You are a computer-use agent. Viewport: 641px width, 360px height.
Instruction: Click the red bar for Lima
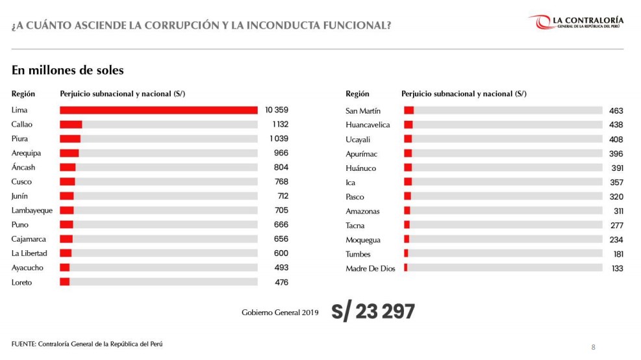pos(158,110)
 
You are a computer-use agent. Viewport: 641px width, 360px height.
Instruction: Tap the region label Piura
pos(20,138)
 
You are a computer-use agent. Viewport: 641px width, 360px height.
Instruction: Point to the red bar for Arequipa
pos(69,153)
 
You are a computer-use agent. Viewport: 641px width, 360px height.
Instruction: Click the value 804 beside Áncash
pos(281,167)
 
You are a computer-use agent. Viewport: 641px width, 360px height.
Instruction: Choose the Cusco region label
pos(21,181)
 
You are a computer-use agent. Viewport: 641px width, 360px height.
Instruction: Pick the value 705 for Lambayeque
pos(281,210)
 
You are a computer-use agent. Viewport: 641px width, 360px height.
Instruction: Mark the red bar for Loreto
pos(64,282)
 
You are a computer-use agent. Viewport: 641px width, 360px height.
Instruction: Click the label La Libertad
pos(27,253)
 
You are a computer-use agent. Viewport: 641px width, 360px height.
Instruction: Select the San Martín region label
pos(363,111)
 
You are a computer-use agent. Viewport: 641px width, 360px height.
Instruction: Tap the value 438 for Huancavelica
pos(616,125)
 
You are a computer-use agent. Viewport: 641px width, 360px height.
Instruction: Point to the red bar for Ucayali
pos(408,139)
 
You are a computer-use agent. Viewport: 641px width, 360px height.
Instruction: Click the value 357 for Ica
pos(616,183)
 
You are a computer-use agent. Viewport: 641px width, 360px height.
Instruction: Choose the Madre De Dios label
pos(370,268)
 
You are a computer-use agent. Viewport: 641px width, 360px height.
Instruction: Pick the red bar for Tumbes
pos(406,254)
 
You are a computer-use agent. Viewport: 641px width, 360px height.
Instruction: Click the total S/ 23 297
pos(373,312)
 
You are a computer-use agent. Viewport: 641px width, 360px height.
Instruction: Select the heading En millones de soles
pos(68,70)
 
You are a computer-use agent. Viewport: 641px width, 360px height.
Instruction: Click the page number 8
pos(593,346)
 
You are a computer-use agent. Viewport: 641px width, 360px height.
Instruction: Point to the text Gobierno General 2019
pos(280,313)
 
